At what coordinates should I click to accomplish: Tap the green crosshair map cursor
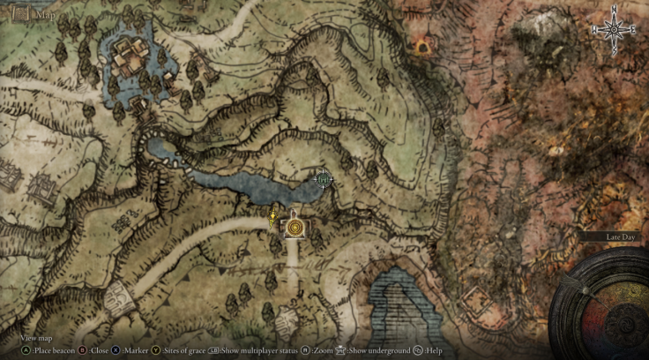pos(323,179)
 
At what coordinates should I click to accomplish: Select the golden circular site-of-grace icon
pos(294,228)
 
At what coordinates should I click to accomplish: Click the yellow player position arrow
pos(274,214)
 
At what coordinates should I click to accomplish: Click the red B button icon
pos(83,350)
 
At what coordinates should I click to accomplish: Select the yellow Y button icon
pos(156,350)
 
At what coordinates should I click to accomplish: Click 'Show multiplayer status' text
pos(257,350)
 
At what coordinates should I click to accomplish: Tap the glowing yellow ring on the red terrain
pos(421,45)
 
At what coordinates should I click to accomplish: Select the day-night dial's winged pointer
pos(582,287)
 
